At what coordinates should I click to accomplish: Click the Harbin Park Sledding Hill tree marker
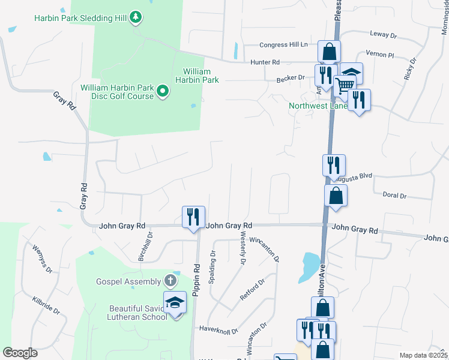(x=137, y=17)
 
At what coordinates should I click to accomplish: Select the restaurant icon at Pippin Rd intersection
(x=193, y=217)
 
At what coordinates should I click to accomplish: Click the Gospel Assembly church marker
(x=171, y=281)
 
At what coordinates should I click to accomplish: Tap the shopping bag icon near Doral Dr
(x=336, y=196)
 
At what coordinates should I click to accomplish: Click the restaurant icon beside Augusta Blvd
(x=334, y=166)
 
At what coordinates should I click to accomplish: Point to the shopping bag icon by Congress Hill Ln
(x=329, y=51)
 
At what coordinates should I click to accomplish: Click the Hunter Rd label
(x=266, y=62)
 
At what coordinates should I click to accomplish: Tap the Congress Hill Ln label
(x=283, y=45)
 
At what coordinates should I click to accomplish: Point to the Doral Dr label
(x=394, y=196)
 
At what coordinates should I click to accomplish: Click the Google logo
(x=20, y=353)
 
